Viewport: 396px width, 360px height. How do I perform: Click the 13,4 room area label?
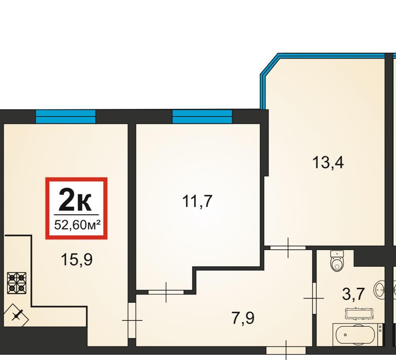click(328, 162)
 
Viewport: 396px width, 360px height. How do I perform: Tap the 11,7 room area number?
click(197, 201)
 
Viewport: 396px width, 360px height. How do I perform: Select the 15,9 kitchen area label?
click(77, 259)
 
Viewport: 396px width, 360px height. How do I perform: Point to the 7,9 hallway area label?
click(243, 318)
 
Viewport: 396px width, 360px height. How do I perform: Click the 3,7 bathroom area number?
click(353, 294)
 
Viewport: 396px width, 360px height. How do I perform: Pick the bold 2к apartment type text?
click(75, 200)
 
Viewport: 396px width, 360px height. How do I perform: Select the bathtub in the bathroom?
click(357, 334)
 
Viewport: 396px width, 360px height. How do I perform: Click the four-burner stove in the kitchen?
click(17, 283)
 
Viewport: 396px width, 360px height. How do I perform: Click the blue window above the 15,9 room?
click(66, 116)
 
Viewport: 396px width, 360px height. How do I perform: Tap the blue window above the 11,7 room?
click(202, 116)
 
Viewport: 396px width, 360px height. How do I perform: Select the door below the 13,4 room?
click(288, 247)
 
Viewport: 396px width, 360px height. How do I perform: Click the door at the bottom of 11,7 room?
click(166, 292)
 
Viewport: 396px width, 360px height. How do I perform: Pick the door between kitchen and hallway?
click(132, 320)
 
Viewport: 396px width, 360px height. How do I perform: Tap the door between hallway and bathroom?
click(314, 298)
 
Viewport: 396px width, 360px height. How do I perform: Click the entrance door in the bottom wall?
click(286, 350)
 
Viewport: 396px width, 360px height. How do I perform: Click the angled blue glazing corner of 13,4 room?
click(270, 65)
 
